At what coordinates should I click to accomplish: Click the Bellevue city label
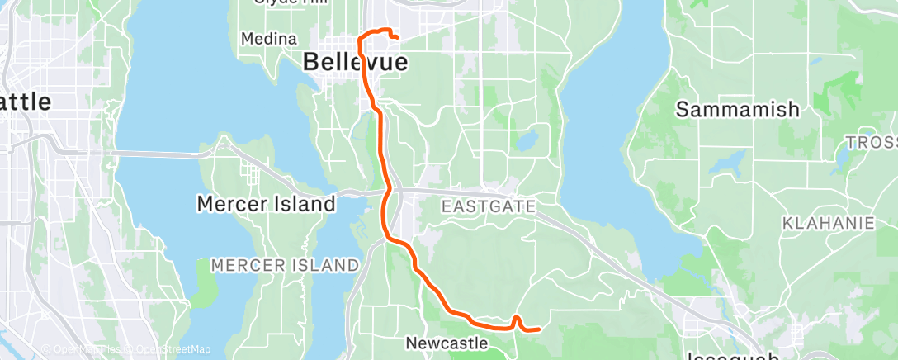[x=356, y=61]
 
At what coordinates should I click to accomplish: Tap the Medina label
[x=269, y=39]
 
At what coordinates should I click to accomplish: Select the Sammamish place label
[x=738, y=109]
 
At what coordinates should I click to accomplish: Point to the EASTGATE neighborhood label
[x=488, y=206]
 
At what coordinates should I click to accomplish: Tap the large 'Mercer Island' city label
[x=266, y=203]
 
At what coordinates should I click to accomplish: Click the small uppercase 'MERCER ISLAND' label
[x=285, y=265]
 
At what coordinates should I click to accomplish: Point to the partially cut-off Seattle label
[x=25, y=102]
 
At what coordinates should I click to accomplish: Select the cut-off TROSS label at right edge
[x=871, y=143]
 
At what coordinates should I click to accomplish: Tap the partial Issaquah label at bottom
[x=733, y=356]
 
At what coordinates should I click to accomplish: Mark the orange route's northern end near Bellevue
[x=398, y=37]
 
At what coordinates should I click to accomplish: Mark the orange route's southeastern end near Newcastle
[x=539, y=329]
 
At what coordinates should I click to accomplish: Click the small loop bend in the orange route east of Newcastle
[x=516, y=318]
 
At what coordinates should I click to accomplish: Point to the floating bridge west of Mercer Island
[x=157, y=153]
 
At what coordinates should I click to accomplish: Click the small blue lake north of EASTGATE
[x=525, y=140]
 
